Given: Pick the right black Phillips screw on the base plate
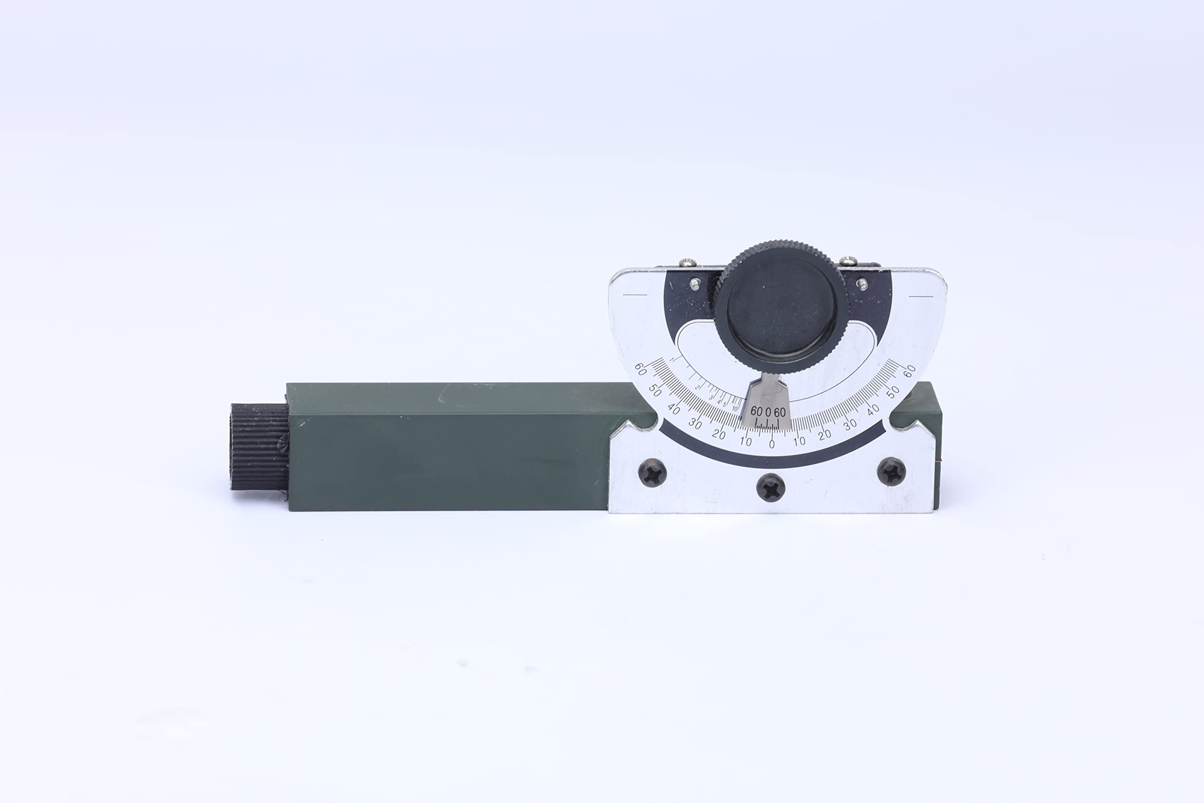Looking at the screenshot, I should [x=891, y=471].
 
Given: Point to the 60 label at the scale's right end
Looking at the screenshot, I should [x=910, y=371].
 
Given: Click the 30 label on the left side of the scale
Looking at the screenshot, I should [x=695, y=423].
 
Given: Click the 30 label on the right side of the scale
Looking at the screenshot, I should [x=850, y=424].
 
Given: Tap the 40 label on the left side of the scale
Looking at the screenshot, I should [x=674, y=409].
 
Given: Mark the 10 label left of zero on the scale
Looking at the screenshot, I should [x=745, y=441].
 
